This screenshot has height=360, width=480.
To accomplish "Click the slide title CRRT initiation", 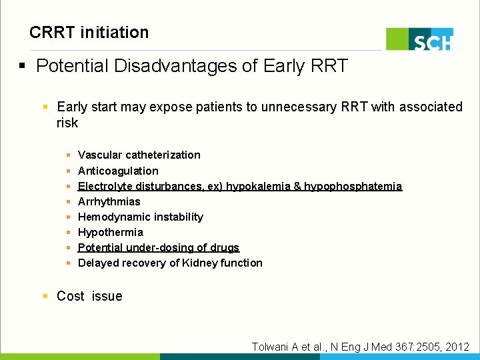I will (x=89, y=32).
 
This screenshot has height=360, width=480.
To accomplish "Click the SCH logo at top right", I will (x=420, y=39).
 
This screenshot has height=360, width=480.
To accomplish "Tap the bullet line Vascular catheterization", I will (x=139, y=155).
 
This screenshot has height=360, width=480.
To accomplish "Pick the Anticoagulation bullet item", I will (x=118, y=171).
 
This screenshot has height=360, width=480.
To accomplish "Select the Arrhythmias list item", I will (x=109, y=201).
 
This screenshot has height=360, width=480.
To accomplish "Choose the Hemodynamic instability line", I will (x=141, y=217).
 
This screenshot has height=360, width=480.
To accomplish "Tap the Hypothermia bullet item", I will (x=111, y=232).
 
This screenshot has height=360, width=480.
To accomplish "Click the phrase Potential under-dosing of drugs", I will (x=159, y=247).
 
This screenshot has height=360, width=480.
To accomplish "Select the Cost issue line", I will (x=89, y=296).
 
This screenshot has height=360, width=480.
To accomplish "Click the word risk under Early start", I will (x=67, y=123).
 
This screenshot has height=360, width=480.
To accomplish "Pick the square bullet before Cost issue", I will (x=45, y=296).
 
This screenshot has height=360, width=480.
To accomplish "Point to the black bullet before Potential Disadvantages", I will (x=23, y=67).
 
